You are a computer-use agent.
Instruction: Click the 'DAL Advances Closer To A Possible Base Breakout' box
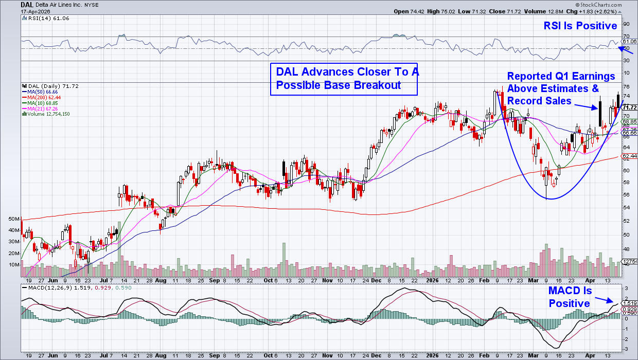click(x=344, y=79)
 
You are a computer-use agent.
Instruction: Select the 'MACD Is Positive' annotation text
click(x=570, y=297)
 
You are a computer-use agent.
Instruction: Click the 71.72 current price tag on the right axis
click(x=630, y=107)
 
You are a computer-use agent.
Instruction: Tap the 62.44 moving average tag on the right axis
click(x=630, y=155)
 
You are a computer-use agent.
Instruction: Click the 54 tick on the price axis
click(x=626, y=207)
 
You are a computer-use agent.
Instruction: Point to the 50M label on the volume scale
click(x=14, y=219)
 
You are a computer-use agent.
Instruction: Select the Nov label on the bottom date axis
click(x=328, y=355)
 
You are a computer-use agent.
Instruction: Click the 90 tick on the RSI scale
click(x=626, y=24)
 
